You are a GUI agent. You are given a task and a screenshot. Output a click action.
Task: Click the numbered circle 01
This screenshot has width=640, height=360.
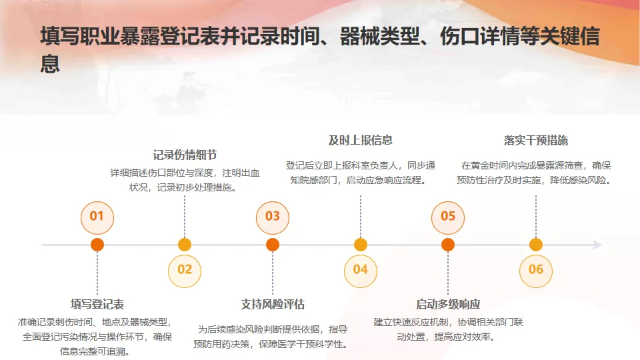click(97, 216)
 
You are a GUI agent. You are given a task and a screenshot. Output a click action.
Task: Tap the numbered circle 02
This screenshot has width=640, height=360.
click(185, 269)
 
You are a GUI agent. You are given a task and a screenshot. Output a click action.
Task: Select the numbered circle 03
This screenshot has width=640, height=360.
click(273, 216)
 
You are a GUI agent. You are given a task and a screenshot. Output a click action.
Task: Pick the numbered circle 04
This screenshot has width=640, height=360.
click(360, 269)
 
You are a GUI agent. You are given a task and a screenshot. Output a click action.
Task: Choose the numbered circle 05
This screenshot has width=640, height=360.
click(448, 216)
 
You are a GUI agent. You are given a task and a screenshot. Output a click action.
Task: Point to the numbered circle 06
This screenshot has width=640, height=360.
click(536, 269)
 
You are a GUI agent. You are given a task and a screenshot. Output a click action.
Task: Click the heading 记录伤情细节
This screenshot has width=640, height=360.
click(185, 155)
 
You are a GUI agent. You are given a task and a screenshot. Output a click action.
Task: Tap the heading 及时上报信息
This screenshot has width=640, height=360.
click(360, 140)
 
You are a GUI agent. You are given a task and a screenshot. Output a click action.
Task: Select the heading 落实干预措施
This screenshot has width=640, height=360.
click(536, 140)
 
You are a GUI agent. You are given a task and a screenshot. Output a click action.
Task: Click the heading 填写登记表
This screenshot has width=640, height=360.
click(97, 305)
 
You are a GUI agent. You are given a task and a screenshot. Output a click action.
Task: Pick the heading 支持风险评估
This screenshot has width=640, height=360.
click(273, 305)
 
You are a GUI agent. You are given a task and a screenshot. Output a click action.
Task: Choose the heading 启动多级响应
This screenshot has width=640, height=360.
click(448, 305)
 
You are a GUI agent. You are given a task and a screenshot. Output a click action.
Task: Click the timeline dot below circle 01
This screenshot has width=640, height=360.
click(97, 245)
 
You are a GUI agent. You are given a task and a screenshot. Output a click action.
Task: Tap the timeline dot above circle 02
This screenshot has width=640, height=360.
click(185, 245)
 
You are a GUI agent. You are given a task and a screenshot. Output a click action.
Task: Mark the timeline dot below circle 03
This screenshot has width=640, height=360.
click(273, 245)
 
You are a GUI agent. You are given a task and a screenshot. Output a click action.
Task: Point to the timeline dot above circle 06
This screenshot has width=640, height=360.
click(536, 245)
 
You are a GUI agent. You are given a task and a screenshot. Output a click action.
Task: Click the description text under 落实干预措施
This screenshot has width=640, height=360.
click(536, 172)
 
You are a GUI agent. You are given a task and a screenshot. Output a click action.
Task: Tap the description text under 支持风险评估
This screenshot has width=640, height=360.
click(273, 337)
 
